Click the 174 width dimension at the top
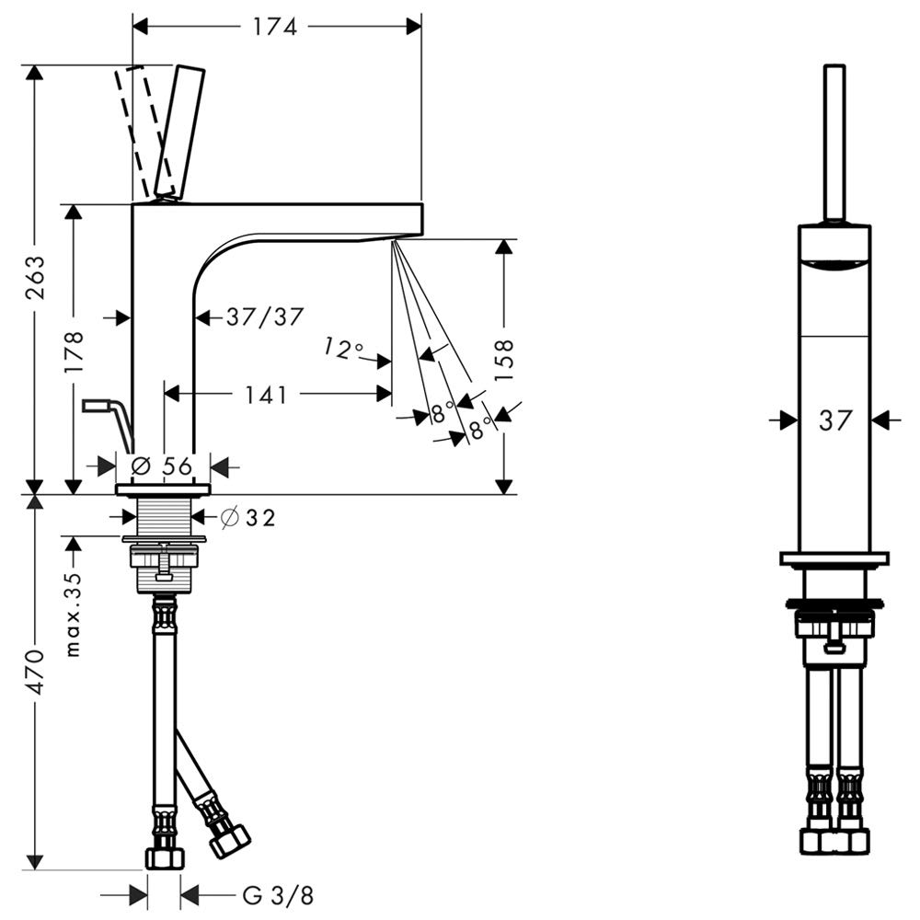pos(275,27)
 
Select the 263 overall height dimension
pos(36,277)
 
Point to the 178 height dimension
pos(75,352)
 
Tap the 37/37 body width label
pos(265,317)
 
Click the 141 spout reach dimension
pos(266,395)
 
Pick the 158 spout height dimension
pos(504,360)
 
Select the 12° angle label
pos(343,348)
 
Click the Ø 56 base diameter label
pos(162,466)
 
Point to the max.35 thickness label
pos(73,615)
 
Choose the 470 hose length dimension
pos(36,673)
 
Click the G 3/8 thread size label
pos(278,895)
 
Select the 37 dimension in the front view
pos(835,420)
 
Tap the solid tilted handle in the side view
pos(179,131)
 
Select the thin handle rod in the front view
pos(834,144)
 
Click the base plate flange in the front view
pos(834,558)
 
